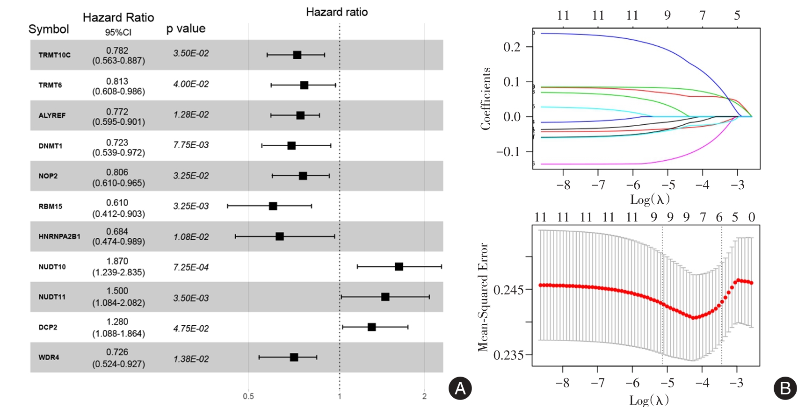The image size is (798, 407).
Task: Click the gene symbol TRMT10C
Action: [x=54, y=55]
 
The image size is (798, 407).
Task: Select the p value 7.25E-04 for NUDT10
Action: [x=191, y=267]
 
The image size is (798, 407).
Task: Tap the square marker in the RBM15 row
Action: [x=273, y=206]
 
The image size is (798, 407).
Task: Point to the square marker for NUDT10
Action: [x=399, y=267]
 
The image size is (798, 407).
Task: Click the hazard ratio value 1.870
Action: [x=117, y=261]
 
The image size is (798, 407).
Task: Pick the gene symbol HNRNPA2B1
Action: [x=59, y=236]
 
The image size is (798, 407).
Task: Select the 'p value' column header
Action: [x=186, y=29]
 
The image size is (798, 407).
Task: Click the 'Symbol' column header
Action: [x=49, y=29]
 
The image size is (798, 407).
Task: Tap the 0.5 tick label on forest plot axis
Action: [x=248, y=396]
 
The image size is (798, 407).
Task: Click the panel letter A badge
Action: [x=460, y=388]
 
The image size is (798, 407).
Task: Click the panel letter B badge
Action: [x=785, y=388]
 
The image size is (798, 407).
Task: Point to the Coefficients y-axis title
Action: [x=486, y=99]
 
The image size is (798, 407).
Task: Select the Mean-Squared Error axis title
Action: [x=483, y=297]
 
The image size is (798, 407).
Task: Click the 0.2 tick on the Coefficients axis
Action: [x=512, y=47]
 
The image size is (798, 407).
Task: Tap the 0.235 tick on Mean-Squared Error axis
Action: [x=508, y=355]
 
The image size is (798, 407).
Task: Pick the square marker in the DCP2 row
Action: [x=372, y=327]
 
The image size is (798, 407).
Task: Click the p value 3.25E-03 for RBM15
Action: [x=191, y=206]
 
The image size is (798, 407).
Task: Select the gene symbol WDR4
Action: [x=49, y=357]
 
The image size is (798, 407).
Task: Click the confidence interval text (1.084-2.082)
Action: [x=118, y=303]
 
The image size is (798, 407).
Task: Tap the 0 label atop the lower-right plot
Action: [x=752, y=217]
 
